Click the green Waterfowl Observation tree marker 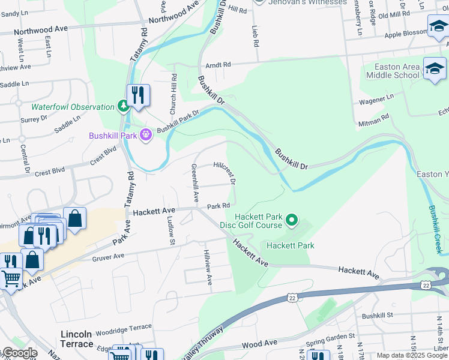point(124,107)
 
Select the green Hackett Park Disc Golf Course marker point(292,221)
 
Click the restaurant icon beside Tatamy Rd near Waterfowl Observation point(138,95)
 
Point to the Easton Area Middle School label point(393,70)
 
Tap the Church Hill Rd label point(173,94)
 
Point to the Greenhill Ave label point(194,182)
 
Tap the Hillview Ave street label point(207,268)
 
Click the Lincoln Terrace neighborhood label point(77,339)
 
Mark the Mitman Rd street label point(376,119)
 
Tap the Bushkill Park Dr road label point(178,121)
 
